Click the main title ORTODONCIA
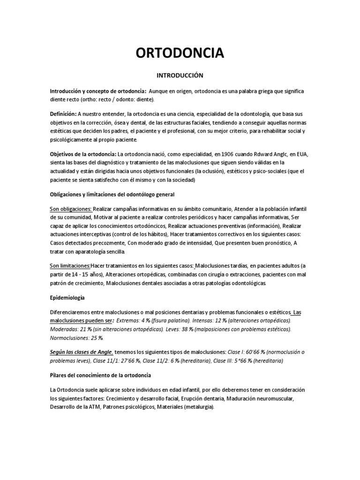click(x=180, y=53)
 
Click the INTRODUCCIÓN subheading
click(x=180, y=75)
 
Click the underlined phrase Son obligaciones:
click(x=71, y=209)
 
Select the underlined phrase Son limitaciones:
click(x=70, y=266)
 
